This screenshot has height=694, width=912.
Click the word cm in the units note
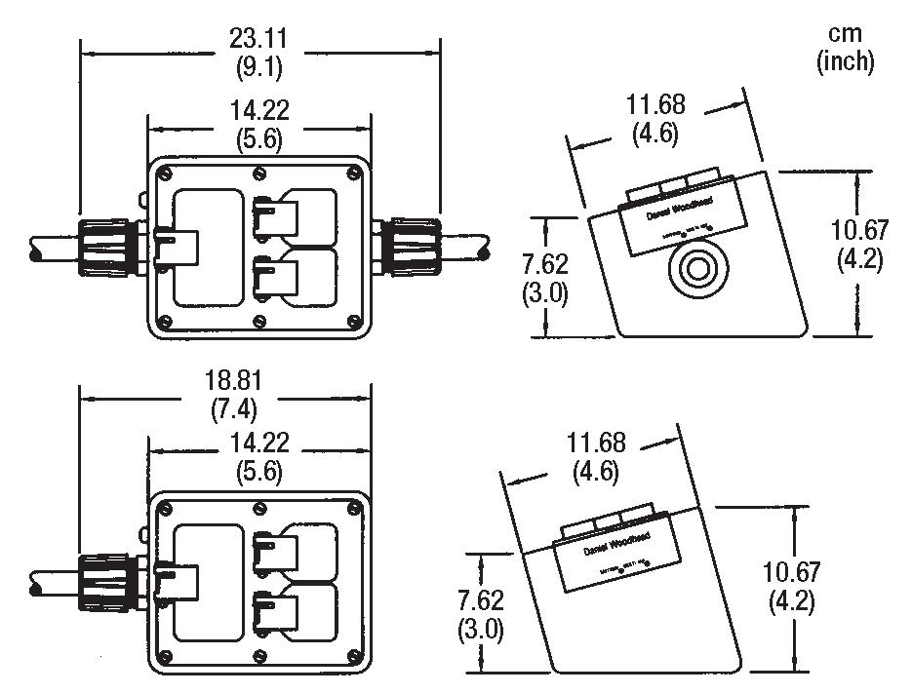coord(845,33)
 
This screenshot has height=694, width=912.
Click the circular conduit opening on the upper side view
coord(696,269)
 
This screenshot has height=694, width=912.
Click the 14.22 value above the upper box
coord(259,110)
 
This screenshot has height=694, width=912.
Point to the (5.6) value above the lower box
coord(259,472)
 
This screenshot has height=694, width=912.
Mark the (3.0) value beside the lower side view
coord(481,629)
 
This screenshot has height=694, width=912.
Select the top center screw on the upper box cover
coord(258,174)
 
